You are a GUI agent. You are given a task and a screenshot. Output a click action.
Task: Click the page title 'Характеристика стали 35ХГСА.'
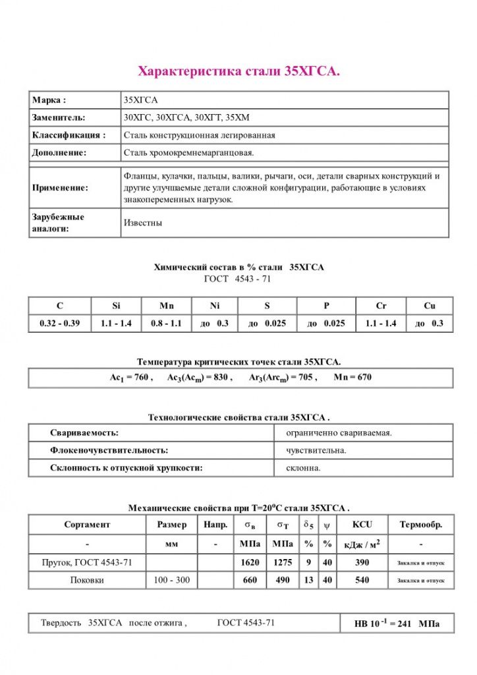click(x=238, y=71)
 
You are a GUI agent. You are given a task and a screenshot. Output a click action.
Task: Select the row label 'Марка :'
click(x=49, y=100)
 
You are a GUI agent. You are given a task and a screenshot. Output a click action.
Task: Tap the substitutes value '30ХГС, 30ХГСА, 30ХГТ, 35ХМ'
click(x=187, y=117)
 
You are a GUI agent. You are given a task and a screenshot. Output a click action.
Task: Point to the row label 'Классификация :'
click(x=69, y=135)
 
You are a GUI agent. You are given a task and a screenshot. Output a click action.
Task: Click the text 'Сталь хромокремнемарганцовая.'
click(x=188, y=152)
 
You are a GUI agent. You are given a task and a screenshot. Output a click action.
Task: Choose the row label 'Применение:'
click(x=60, y=188)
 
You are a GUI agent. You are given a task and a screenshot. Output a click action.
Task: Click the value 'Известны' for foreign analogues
click(x=143, y=223)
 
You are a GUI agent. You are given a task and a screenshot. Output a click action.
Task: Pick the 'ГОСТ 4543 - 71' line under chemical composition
click(x=238, y=279)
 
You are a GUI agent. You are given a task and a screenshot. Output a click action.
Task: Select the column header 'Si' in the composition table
click(x=115, y=306)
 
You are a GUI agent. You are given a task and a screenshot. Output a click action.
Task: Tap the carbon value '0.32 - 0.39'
click(x=60, y=324)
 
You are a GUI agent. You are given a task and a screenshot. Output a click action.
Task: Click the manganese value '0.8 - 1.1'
click(x=166, y=324)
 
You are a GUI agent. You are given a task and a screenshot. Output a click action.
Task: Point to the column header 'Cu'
click(x=429, y=306)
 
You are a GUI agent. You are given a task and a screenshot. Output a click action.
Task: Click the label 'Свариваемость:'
click(x=84, y=432)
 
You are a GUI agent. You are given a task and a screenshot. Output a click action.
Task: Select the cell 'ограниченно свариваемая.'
click(x=339, y=432)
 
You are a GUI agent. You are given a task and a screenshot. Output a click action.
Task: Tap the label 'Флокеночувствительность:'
click(x=109, y=450)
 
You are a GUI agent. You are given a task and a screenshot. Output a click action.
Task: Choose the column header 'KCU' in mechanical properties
click(x=362, y=525)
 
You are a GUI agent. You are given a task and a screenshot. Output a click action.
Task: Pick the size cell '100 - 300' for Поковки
click(x=171, y=580)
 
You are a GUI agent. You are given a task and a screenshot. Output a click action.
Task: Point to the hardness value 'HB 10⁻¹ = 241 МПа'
click(x=397, y=624)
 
